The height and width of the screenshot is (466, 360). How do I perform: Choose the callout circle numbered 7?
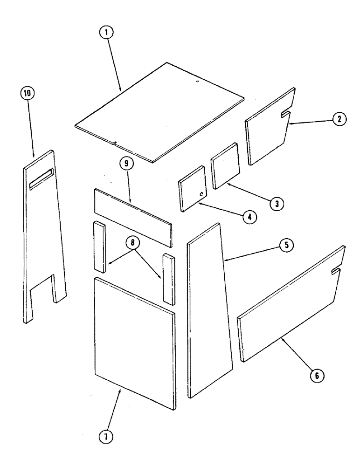click(108, 438)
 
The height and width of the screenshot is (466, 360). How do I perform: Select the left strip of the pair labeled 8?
click(99, 247)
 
